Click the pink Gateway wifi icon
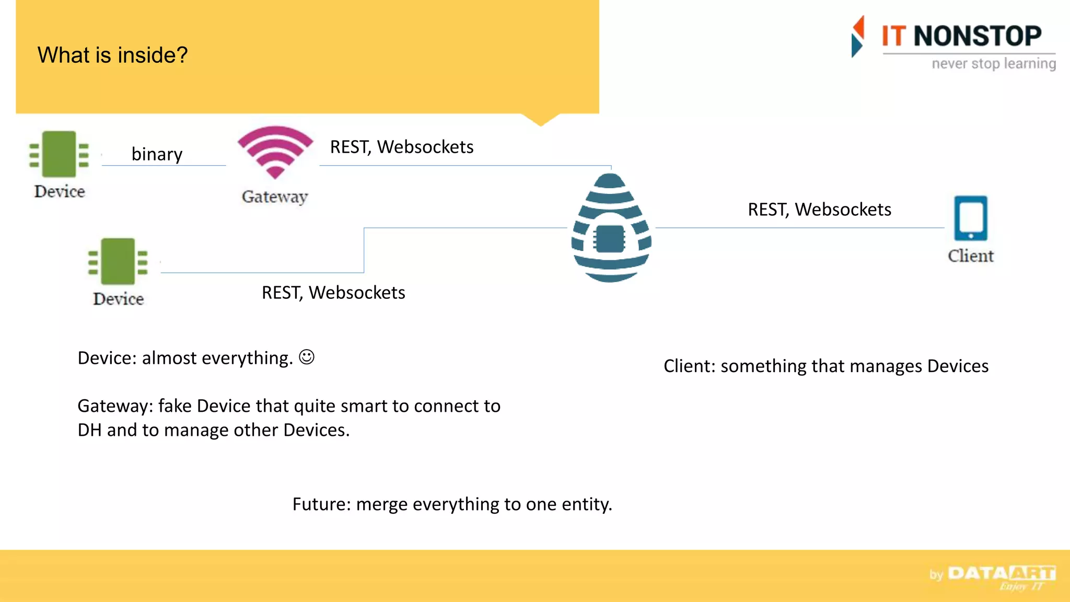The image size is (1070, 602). pos(275,152)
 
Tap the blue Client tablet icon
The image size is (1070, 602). pos(971,218)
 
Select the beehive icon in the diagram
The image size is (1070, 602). pos(611,228)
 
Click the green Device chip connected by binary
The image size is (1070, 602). pos(59,155)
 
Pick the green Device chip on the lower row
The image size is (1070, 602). pos(118,261)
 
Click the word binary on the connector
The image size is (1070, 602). pos(157,154)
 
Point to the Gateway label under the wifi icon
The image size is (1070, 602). pos(275,196)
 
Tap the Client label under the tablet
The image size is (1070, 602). pos(971,256)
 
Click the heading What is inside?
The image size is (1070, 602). pos(112,55)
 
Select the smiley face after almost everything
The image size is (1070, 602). pos(307,357)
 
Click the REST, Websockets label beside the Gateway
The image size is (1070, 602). pos(402,147)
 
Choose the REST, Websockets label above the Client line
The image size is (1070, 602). pos(819,209)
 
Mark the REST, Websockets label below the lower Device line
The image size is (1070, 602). pos(333,292)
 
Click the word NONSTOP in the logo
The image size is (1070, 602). pos(978,36)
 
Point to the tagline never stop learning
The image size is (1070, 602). pos(994,64)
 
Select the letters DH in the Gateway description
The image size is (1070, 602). pos(89,430)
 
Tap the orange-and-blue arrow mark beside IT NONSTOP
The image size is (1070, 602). pos(858,37)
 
